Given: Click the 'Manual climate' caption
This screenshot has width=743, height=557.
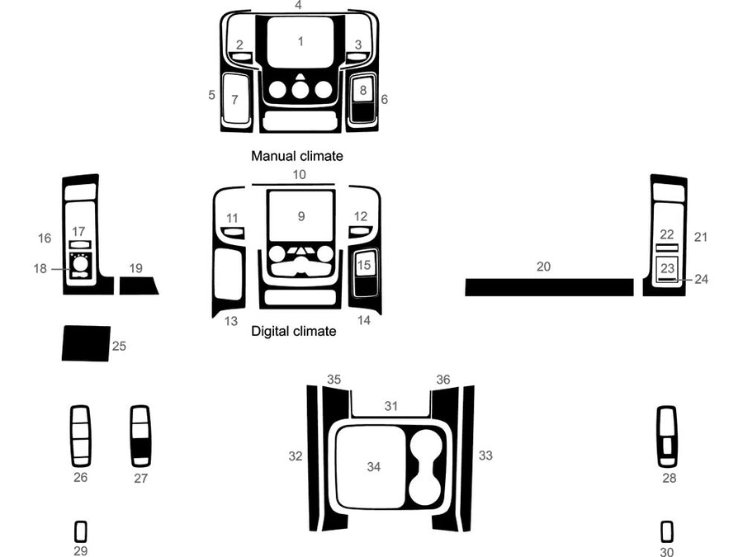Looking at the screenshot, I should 296,155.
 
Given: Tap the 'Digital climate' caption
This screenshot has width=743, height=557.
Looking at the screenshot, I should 293,331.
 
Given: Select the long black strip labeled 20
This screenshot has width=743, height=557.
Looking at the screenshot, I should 548,287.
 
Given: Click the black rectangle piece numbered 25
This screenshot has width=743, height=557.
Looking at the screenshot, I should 85,343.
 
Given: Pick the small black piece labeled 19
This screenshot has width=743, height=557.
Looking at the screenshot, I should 138,286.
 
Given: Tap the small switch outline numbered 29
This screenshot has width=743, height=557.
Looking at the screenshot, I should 80,531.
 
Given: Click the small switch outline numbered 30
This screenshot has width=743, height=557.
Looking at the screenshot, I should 666,531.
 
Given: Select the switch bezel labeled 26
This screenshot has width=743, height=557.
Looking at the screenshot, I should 80,436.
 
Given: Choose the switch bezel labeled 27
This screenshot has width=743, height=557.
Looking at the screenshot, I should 140,436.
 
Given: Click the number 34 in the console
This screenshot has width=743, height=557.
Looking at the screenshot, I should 374,467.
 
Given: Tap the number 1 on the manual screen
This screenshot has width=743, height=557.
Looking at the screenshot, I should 301,40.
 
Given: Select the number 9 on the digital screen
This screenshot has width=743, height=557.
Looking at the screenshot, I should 301,216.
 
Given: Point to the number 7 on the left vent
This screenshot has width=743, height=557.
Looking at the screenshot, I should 234,100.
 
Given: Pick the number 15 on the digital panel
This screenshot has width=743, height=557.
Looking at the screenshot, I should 364,265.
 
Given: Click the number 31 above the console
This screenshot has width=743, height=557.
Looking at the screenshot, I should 391,406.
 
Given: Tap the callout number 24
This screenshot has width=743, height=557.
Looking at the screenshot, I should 701,279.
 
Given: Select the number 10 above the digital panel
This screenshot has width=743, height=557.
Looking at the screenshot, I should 299,174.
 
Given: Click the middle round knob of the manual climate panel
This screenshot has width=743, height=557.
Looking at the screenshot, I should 301,89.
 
